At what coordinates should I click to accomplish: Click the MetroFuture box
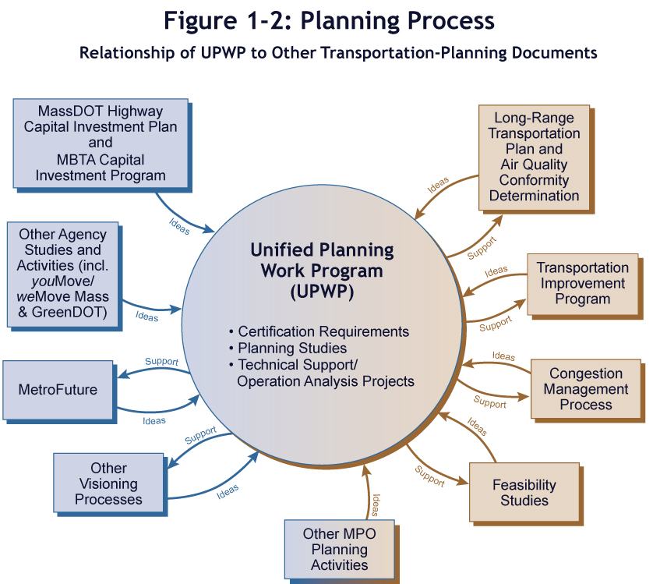58,388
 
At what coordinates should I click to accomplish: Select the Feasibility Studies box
524,492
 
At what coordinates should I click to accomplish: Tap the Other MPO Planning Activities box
339,550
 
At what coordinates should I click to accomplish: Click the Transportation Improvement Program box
582,283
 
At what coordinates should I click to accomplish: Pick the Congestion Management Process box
585,389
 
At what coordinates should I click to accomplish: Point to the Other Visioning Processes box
108,483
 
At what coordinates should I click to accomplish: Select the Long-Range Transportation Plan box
534,157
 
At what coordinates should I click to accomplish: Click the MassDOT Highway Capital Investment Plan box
101,143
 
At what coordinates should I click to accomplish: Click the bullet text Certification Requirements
323,331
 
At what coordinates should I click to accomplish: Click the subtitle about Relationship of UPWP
338,53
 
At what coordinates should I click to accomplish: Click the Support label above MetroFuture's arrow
162,362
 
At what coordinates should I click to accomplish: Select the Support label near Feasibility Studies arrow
429,476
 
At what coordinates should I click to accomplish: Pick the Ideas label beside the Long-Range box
438,186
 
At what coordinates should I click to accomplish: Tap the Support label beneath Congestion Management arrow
489,403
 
